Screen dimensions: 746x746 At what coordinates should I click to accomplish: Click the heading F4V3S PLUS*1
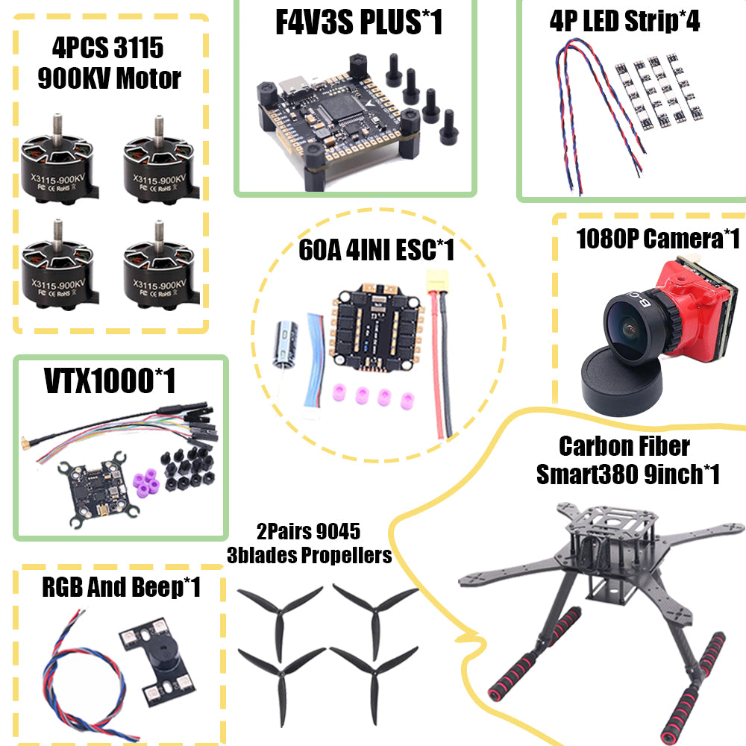[x=359, y=22]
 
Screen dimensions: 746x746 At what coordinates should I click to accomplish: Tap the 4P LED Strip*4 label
[x=624, y=21]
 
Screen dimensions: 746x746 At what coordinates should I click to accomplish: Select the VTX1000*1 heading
[x=110, y=381]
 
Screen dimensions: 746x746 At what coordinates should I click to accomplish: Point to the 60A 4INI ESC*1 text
[x=376, y=250]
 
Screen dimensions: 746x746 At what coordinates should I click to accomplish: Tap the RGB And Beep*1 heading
[x=122, y=588]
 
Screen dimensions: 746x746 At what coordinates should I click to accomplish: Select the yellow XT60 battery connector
[x=437, y=281]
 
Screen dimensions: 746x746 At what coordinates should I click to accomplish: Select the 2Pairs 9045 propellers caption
[x=309, y=543]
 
